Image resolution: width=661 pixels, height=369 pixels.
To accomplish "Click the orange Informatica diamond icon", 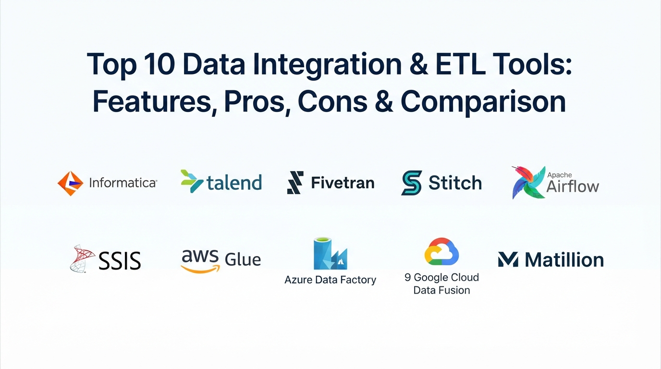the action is (70, 184).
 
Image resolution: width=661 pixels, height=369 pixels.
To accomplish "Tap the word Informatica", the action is (123, 183).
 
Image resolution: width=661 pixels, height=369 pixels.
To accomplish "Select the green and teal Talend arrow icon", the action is (192, 181).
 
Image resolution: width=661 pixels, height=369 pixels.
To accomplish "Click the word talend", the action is (234, 182).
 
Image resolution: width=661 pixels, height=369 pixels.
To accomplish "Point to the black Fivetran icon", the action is (295, 183).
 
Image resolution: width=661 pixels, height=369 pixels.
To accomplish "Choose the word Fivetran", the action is (343, 183).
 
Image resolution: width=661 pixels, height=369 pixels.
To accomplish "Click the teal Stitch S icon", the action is (412, 183).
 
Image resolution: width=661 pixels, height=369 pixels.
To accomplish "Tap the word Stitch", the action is (455, 183).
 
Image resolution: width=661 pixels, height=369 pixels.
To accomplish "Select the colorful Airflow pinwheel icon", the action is (528, 183).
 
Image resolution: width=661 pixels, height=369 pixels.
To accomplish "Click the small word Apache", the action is (560, 175).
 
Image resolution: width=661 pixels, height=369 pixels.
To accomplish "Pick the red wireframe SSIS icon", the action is (82, 258).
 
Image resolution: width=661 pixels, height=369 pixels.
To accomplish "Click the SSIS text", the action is (120, 261).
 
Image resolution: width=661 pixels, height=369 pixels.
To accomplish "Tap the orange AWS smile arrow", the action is (201, 269).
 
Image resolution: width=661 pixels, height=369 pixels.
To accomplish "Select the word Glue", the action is (243, 259).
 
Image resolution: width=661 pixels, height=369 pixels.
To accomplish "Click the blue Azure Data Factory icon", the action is (330, 254).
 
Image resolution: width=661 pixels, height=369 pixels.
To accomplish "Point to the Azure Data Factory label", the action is (330, 280).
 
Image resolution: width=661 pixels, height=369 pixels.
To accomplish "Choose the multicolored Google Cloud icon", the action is (441, 251).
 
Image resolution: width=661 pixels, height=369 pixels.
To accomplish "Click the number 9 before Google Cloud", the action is (407, 278).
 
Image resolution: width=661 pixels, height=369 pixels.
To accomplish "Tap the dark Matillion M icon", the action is (508, 259).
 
